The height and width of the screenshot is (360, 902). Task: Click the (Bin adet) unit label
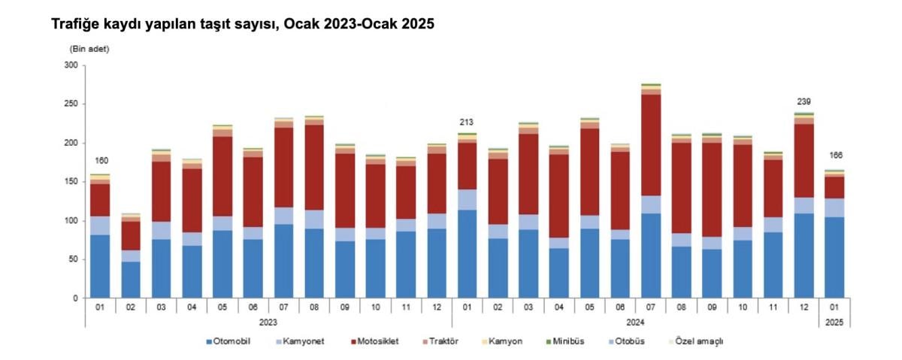point(89,49)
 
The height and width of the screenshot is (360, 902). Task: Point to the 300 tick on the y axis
point(71,65)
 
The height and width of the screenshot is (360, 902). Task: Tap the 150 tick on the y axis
point(71,182)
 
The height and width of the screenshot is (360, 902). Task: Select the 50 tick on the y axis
point(74,259)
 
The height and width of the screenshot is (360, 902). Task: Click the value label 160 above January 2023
point(101,161)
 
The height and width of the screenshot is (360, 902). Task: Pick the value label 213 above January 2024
point(468,122)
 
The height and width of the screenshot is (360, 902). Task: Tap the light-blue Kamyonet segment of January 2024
point(468,199)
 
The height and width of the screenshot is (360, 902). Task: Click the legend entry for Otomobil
point(228,341)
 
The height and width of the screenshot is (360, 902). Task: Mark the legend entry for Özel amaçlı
point(695,341)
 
